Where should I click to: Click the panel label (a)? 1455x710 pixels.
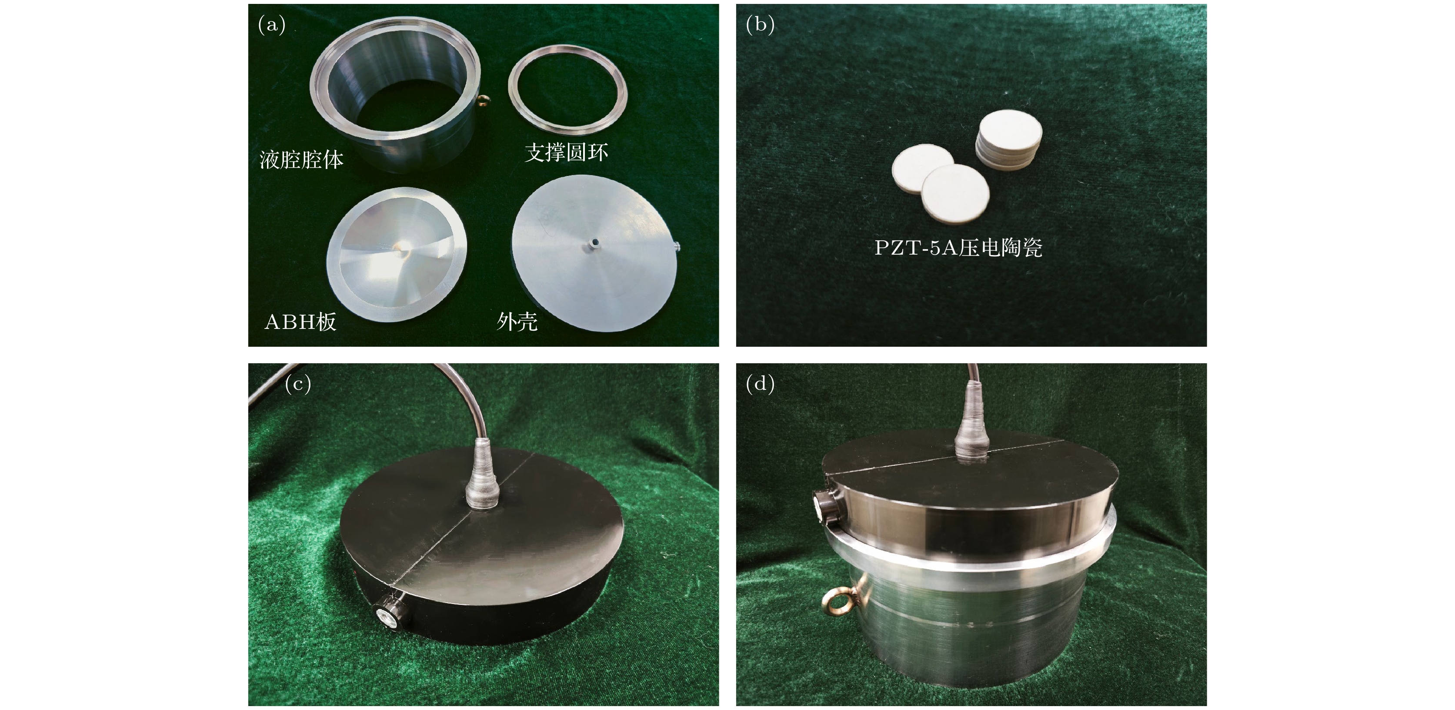pyautogui.click(x=272, y=25)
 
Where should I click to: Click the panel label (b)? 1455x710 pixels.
pyautogui.click(x=760, y=25)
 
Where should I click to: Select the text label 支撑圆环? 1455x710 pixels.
pyautogui.click(x=567, y=153)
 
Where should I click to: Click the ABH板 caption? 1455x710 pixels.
pyautogui.click(x=300, y=322)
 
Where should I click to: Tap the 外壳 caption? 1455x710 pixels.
pyautogui.click(x=517, y=322)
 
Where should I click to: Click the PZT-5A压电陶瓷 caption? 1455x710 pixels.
pyautogui.click(x=958, y=247)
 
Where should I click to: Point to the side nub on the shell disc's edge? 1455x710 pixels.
pyautogui.click(x=677, y=246)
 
